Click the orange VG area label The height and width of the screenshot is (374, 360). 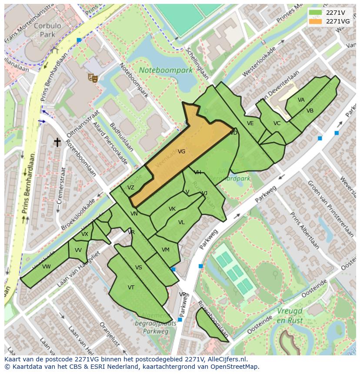point(181,152)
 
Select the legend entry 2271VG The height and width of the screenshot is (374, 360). point(337,21)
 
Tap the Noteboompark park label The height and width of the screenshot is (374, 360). point(165,70)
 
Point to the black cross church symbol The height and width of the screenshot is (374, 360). point(57,142)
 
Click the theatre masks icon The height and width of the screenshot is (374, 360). point(92,78)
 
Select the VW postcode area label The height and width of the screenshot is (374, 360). point(47,267)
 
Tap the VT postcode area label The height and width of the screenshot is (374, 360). point(131,288)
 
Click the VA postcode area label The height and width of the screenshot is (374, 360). point(301,100)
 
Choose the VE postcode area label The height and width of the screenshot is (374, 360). point(250,123)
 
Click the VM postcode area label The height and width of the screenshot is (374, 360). point(165,250)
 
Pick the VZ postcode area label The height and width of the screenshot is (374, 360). point(131,188)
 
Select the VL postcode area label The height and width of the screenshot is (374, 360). point(181,222)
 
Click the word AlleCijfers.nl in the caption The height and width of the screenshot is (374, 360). point(226,360)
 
